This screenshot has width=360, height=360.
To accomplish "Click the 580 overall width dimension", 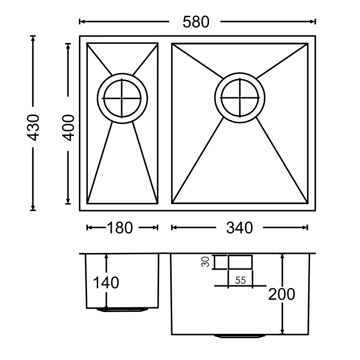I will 196,22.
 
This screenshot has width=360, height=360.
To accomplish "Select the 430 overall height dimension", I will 34,127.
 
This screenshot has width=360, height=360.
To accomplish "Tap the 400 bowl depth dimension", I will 68,127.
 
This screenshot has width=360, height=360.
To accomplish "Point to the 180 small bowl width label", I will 119,228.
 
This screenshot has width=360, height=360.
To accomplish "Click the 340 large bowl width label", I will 239,228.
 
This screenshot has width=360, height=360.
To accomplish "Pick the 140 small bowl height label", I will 106,283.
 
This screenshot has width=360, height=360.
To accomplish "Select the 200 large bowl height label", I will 282,294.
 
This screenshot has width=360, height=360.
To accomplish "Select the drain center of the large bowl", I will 240,97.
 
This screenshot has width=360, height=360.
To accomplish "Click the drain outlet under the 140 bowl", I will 122,310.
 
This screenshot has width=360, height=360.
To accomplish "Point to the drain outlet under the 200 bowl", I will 240,336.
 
